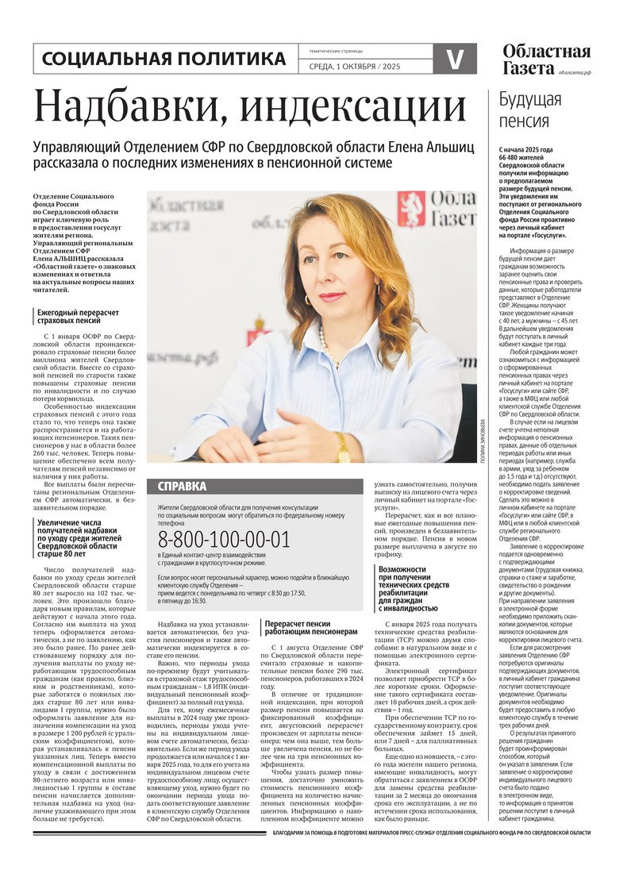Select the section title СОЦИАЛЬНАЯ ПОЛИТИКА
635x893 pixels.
[x=164, y=59]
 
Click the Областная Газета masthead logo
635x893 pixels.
[x=546, y=60]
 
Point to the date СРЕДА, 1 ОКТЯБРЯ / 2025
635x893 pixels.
[x=354, y=67]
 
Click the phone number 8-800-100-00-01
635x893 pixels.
[x=225, y=540]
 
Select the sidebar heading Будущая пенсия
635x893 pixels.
[x=529, y=110]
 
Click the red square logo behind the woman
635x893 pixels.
[x=410, y=209]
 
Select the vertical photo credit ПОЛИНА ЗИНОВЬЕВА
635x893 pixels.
[x=482, y=441]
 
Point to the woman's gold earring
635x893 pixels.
[x=308, y=299]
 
